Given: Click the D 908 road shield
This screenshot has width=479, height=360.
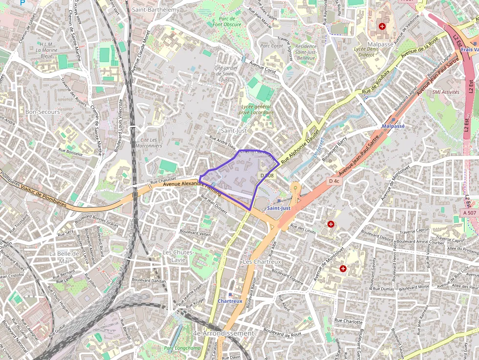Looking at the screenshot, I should tap(267, 175).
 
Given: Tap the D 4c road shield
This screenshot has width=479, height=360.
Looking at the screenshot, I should tap(334, 181).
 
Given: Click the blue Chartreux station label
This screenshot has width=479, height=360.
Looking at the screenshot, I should tap(230, 301).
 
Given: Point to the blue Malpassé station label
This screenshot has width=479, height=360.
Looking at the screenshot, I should tap(393, 126).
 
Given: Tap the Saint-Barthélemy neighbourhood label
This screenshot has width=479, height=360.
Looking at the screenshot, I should tap(156, 9).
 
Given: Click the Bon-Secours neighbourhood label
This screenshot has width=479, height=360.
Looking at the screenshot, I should tap(43, 112).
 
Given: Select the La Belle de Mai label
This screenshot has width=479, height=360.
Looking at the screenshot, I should tap(64, 257).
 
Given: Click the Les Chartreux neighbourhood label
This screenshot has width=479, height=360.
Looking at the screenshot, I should tap(262, 262).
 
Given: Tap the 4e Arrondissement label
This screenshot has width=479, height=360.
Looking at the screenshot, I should tap(223, 333).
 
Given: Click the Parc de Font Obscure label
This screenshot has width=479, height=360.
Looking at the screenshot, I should tap(227, 21).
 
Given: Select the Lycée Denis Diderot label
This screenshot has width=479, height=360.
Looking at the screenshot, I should tap(367, 52).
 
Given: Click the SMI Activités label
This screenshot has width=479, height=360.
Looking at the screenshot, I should tap(446, 91).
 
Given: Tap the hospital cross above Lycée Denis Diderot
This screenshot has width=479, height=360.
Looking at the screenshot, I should tap(382, 26).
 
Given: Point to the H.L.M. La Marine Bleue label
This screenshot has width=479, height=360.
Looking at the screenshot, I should tap(47, 50).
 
